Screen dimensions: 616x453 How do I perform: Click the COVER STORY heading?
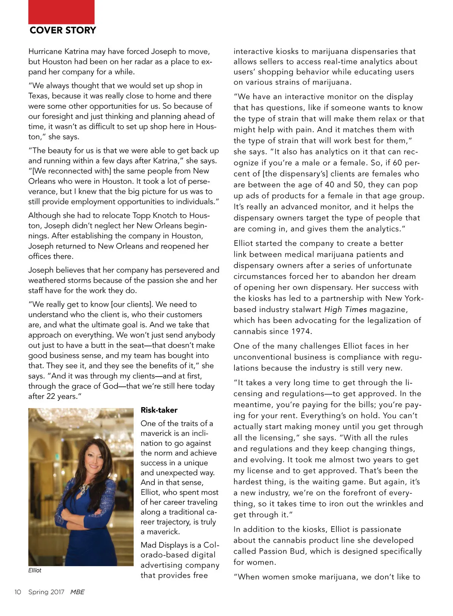pos(63,30)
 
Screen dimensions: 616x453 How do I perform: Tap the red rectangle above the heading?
pos(61,12)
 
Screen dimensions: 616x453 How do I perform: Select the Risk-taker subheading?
pos(159,410)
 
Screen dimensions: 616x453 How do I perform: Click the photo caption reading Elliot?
pos(35,570)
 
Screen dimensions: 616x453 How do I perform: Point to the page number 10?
pos(18,592)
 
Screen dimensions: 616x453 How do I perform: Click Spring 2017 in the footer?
pos(46,592)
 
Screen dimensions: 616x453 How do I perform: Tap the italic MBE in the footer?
pos(77,592)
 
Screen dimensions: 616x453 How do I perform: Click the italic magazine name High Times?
pos(345,309)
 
